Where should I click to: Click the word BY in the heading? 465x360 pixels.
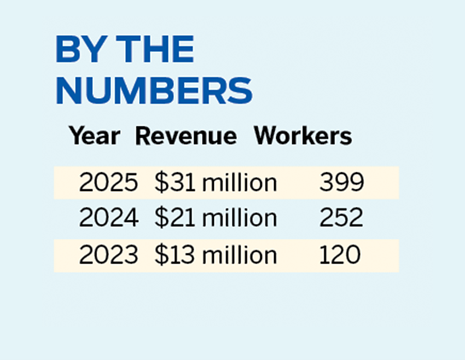click(x=78, y=50)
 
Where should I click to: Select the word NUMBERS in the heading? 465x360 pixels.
click(x=154, y=90)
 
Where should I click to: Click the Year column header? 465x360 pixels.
click(x=94, y=136)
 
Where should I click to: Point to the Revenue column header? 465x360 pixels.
click(x=186, y=136)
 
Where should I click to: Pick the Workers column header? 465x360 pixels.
click(x=303, y=136)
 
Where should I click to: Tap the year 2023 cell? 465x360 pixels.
click(x=108, y=255)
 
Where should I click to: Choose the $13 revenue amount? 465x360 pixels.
click(x=175, y=255)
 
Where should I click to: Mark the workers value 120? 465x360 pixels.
click(x=340, y=255)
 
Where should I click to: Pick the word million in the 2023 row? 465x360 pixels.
click(x=240, y=255)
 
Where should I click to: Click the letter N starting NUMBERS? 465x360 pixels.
click(x=68, y=90)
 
